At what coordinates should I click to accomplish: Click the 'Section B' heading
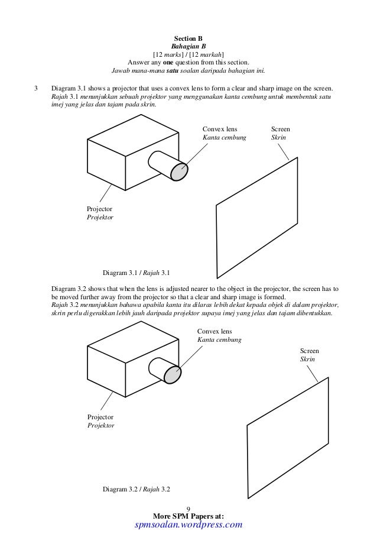click(188, 37)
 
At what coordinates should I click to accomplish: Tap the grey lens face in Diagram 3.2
click(174, 374)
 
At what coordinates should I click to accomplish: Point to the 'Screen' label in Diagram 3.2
click(310, 351)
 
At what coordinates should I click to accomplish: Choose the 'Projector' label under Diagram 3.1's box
click(99, 209)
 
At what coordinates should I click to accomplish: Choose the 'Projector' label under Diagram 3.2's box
click(99, 417)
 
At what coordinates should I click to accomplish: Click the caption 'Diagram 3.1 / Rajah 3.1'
click(136, 273)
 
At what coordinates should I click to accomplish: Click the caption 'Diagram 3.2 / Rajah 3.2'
click(136, 490)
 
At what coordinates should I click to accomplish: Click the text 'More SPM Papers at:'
click(188, 516)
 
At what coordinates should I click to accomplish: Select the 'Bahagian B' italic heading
click(188, 46)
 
